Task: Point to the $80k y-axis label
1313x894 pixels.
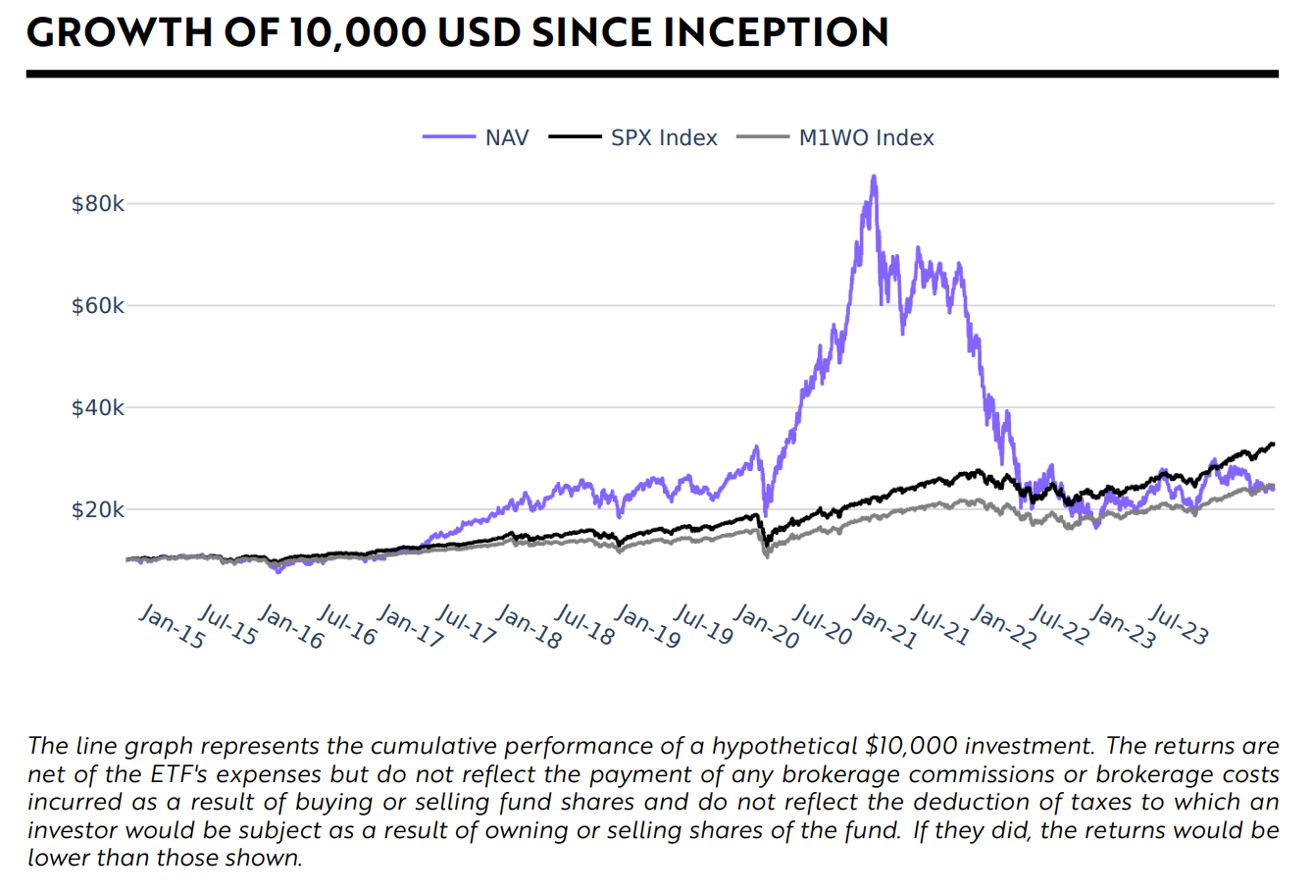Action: pos(98,204)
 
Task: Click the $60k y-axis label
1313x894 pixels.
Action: pos(98,306)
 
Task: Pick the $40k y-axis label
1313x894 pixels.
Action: pos(98,407)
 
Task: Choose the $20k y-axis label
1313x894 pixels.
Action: pos(98,509)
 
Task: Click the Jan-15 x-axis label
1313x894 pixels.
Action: pos(172,626)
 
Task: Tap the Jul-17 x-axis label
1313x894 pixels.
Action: pos(466,626)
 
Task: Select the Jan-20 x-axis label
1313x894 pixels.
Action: pos(765,626)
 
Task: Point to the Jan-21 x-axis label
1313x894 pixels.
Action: pos(884,626)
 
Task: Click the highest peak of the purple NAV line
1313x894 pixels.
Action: pos(874,178)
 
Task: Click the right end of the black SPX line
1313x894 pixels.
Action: pos(1273,444)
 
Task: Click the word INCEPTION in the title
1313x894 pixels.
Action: pos(776,32)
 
